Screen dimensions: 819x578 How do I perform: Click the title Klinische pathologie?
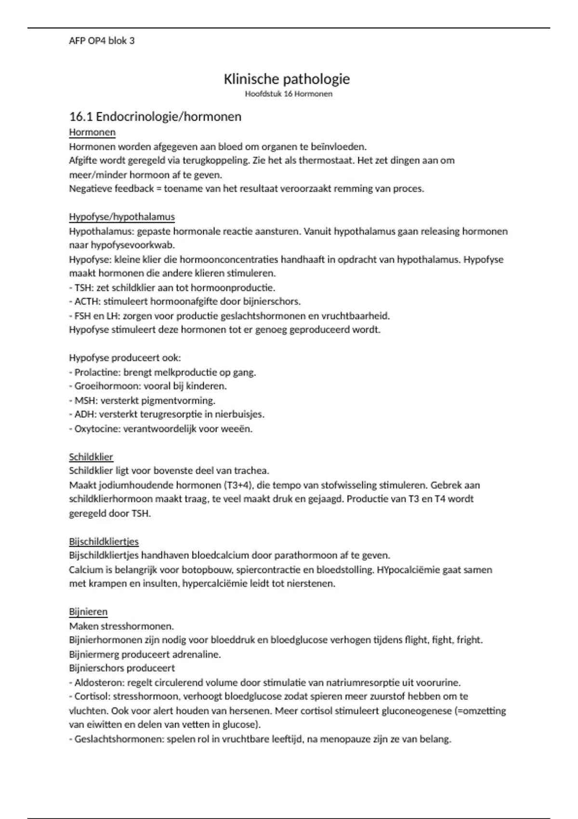(x=287, y=79)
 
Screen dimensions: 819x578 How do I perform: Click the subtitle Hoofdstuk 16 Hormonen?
(x=289, y=94)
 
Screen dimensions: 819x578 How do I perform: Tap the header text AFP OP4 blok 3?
(x=102, y=41)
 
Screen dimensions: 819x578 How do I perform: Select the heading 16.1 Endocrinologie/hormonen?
(x=155, y=117)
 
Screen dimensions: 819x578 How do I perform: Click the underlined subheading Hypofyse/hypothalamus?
(x=122, y=217)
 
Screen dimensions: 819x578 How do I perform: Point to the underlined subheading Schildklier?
(x=91, y=457)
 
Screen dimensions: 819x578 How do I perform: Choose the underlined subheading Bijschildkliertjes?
(x=104, y=542)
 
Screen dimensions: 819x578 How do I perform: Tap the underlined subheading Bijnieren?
(x=88, y=612)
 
